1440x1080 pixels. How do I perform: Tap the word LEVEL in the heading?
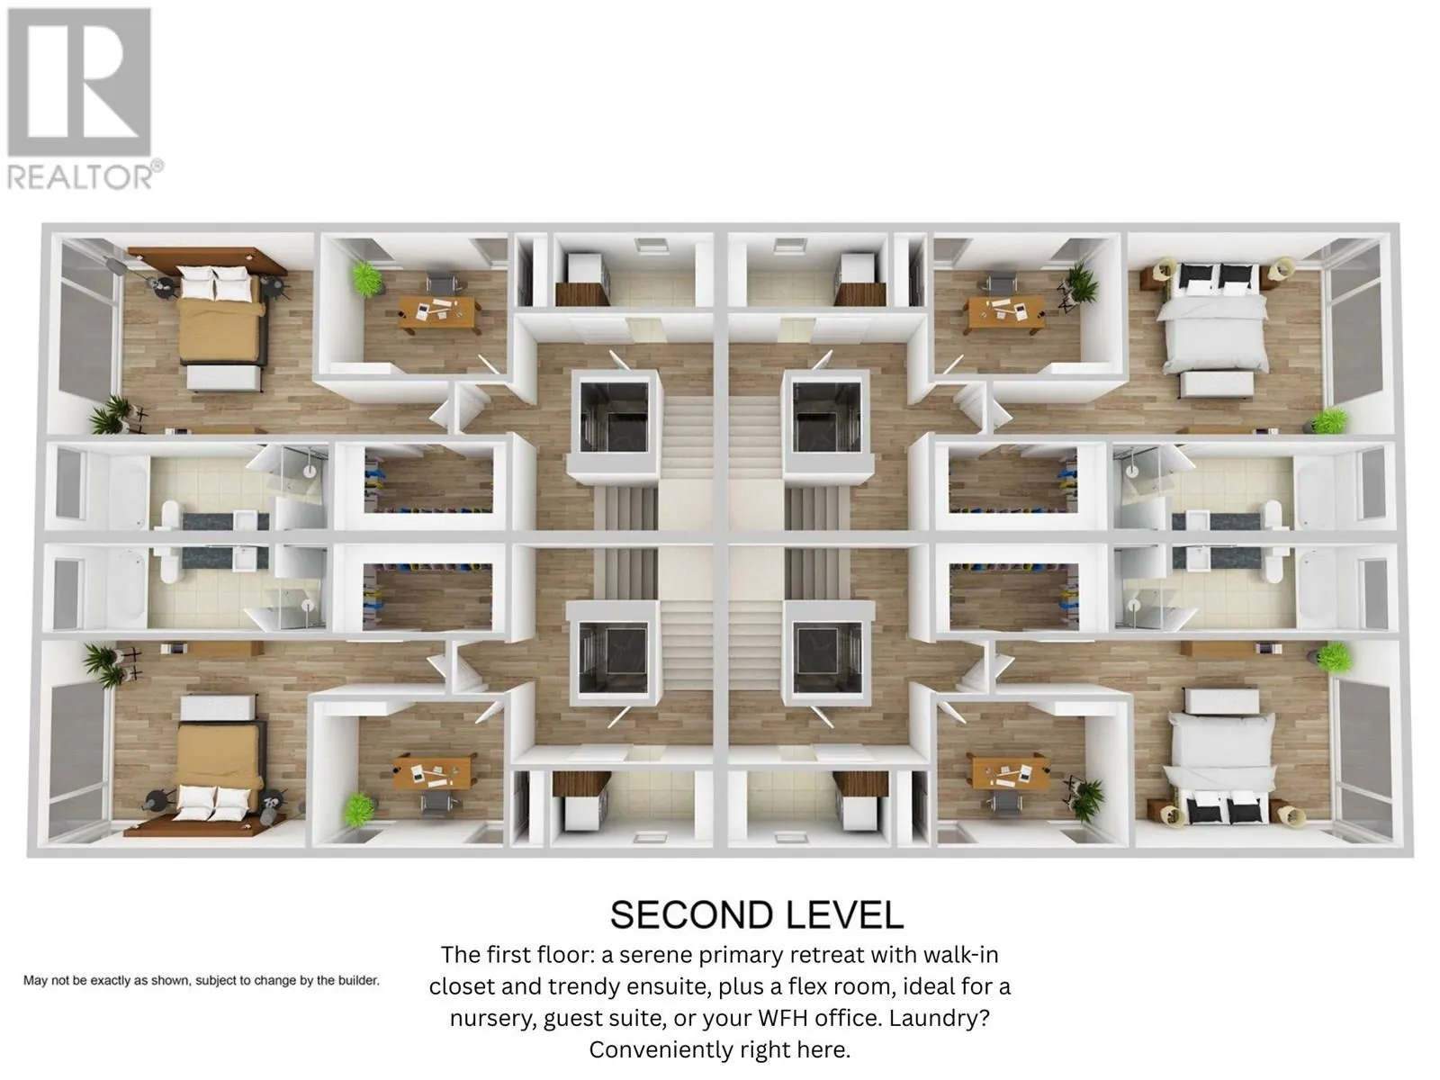[x=843, y=915]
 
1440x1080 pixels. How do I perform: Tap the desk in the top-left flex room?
[x=437, y=310]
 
